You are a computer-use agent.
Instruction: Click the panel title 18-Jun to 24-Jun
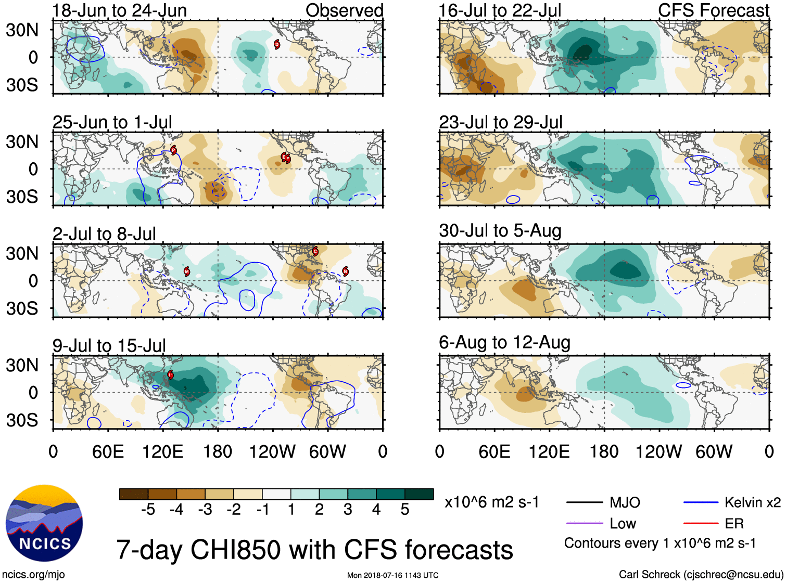click(x=119, y=10)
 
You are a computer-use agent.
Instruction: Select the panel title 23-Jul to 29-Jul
click(x=501, y=122)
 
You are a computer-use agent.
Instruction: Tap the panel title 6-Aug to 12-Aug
click(x=504, y=342)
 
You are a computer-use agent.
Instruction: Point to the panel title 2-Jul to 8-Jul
click(x=104, y=234)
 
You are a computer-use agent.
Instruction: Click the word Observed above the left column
click(x=344, y=10)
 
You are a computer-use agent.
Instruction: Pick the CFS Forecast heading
click(x=713, y=10)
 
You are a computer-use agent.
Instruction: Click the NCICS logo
click(x=44, y=523)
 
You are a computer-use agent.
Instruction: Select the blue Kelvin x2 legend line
click(x=701, y=502)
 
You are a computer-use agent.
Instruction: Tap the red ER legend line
click(x=701, y=523)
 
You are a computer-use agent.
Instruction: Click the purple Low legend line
click(x=584, y=523)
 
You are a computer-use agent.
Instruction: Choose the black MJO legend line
click(x=584, y=502)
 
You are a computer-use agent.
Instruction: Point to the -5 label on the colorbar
click(x=148, y=510)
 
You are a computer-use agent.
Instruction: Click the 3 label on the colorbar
click(x=348, y=510)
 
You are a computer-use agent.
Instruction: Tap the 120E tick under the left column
click(x=162, y=451)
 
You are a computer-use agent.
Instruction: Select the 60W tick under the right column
click(x=714, y=451)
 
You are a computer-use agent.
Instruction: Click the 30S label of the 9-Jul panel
click(x=22, y=420)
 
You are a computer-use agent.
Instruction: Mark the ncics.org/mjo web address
click(x=33, y=575)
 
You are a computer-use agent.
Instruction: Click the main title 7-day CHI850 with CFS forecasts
click(x=314, y=550)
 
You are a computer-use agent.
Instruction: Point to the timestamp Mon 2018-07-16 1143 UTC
click(x=392, y=575)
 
